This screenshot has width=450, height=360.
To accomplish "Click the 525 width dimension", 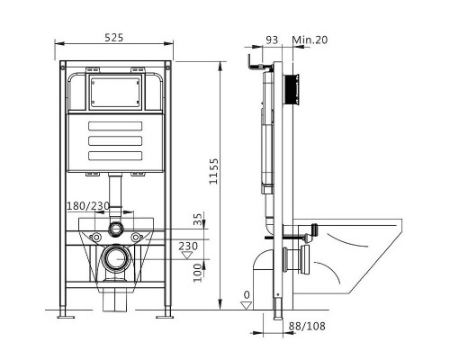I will coord(114,38).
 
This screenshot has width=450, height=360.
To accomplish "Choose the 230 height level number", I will coord(189,245).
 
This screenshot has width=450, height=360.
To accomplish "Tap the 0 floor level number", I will coord(246,294).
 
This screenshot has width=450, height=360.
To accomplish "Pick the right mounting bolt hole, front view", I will coord(137,237).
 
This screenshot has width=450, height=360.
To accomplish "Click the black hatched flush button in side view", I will coord(291,89).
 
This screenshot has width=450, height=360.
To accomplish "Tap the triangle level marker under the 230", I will coord(187,256).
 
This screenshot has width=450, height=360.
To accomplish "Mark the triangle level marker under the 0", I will coord(245,305).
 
